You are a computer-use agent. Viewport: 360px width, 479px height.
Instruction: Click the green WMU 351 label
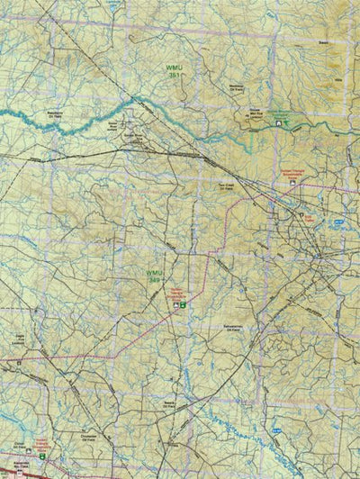tap(172, 71)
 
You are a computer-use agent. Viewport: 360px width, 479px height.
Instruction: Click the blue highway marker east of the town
tap(337, 221)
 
